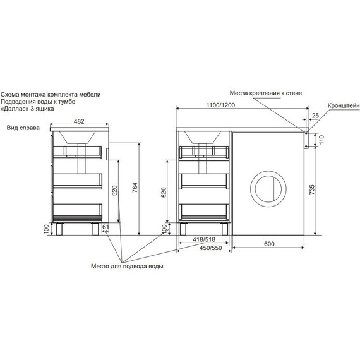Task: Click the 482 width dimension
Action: pos(79,121)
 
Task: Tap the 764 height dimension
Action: pos(135,188)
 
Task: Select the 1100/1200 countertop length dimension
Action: pos(220,105)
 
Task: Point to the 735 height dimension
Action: pos(311,189)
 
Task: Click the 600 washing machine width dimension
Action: pos(269,244)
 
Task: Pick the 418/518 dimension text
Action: pos(204,239)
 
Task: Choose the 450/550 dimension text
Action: pos(210,248)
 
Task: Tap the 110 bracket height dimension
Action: pos(321,140)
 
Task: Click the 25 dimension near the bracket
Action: pos(315,116)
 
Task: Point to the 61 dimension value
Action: pos(105,227)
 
